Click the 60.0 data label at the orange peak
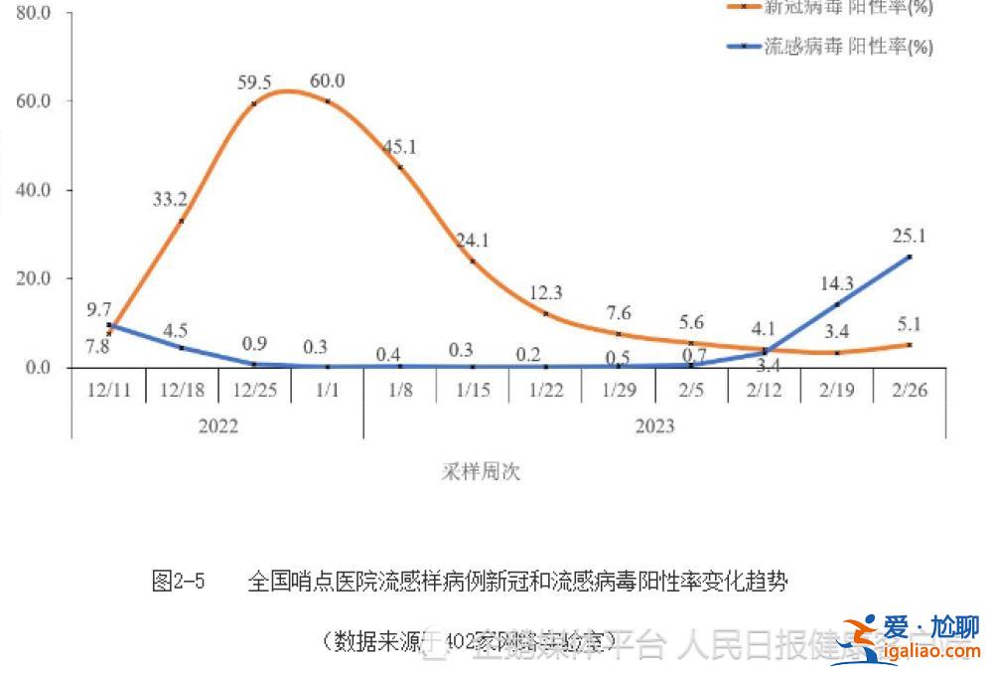(x=328, y=82)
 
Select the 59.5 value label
(x=253, y=82)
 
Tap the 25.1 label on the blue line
(x=909, y=236)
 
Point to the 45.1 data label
(x=399, y=147)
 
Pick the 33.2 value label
(x=170, y=200)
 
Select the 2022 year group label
(x=217, y=425)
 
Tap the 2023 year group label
(x=654, y=425)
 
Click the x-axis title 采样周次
(x=481, y=471)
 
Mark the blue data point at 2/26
(x=910, y=256)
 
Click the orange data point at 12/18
(x=181, y=221)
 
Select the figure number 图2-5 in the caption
(x=179, y=582)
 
